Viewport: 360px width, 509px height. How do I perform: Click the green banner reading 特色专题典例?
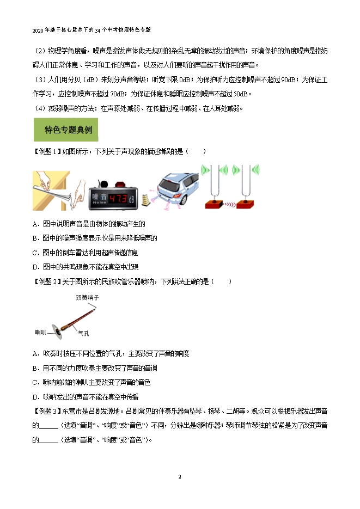pyautogui.click(x=66, y=130)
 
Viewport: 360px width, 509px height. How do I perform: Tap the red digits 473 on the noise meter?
pyautogui.click(x=118, y=198)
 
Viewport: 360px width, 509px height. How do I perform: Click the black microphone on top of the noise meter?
pyautogui.click(x=103, y=184)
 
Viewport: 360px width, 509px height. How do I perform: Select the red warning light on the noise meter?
pyautogui.click(x=120, y=185)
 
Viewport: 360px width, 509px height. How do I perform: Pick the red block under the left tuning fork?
pyautogui.click(x=213, y=204)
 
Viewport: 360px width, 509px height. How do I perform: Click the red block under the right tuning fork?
pyautogui.click(x=245, y=204)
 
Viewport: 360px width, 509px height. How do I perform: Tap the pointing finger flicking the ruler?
pyautogui.click(x=77, y=194)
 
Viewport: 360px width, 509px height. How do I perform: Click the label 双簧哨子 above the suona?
pyautogui.click(x=87, y=297)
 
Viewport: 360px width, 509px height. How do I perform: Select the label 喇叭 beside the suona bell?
pyautogui.click(x=41, y=333)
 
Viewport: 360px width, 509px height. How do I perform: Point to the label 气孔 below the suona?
pyautogui.click(x=83, y=333)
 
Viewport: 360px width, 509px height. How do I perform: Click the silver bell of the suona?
pyautogui.click(x=57, y=332)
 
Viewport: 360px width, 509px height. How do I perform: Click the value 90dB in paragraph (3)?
pyautogui.click(x=288, y=80)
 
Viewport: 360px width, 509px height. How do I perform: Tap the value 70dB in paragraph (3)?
pyautogui.click(x=118, y=94)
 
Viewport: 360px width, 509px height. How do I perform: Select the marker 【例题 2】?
pyautogui.click(x=47, y=281)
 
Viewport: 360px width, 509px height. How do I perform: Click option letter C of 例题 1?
pyautogui.click(x=35, y=253)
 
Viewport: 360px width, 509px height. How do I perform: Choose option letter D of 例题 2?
pyautogui.click(x=35, y=397)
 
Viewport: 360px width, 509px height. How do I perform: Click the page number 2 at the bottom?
pyautogui.click(x=180, y=476)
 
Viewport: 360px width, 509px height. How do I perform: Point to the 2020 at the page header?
pyautogui.click(x=38, y=30)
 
